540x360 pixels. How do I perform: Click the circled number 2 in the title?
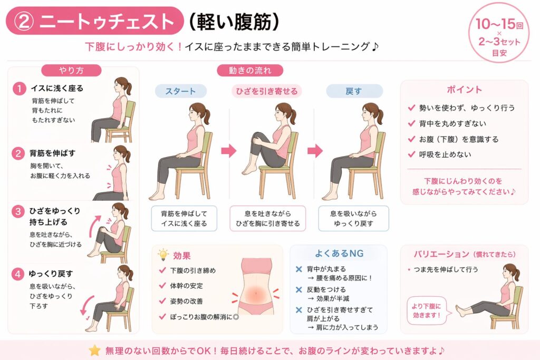coord(24,21)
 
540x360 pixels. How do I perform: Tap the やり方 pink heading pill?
coord(71,70)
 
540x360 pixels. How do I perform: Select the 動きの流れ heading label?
coord(250,70)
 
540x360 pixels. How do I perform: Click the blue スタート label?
coord(180,91)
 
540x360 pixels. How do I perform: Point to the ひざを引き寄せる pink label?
coord(266,91)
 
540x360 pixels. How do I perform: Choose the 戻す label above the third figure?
coord(354,91)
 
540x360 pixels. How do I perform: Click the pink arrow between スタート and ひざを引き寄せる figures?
coord(229,150)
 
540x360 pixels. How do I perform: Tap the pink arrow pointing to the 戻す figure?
coord(315,150)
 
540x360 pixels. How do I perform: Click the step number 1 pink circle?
coord(20,89)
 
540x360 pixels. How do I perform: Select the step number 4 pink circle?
coord(17,274)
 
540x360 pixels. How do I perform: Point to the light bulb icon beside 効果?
coord(163,255)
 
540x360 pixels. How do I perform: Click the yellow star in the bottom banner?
coord(94,351)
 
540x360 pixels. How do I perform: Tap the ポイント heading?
coord(464,90)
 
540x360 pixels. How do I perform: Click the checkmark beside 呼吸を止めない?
coord(411,154)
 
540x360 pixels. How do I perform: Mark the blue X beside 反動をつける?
coord(299,289)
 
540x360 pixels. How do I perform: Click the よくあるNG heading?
coord(339,254)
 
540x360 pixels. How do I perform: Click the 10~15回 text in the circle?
coord(499,24)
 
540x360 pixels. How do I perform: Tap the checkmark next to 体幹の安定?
coord(162,285)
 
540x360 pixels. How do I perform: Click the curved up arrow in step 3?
coord(94,226)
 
